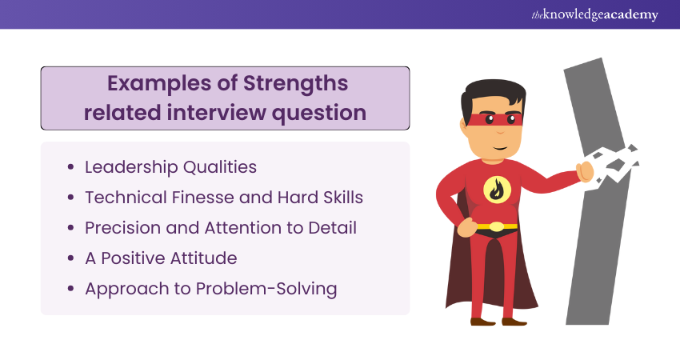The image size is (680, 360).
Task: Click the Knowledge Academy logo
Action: pos(594,14)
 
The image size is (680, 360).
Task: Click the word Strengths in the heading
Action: pos(295,84)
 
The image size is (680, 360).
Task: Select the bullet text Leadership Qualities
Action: pos(170,167)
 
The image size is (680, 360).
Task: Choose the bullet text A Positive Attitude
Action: pos(161,258)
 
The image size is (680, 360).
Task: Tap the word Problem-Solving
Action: pos(266,290)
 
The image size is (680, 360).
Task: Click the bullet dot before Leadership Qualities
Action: pos(71,167)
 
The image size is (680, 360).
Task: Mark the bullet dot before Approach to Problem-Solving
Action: pos(71,289)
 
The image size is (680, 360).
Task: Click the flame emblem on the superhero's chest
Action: pos(497,190)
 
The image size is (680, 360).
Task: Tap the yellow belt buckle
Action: pos(497,226)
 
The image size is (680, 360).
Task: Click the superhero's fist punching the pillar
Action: pos(586,172)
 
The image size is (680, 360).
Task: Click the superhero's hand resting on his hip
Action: pos(466,226)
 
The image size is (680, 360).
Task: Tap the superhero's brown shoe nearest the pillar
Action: pos(514,322)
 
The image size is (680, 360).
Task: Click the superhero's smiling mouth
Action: pos(501,148)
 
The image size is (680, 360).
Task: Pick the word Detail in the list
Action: pos(332,228)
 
